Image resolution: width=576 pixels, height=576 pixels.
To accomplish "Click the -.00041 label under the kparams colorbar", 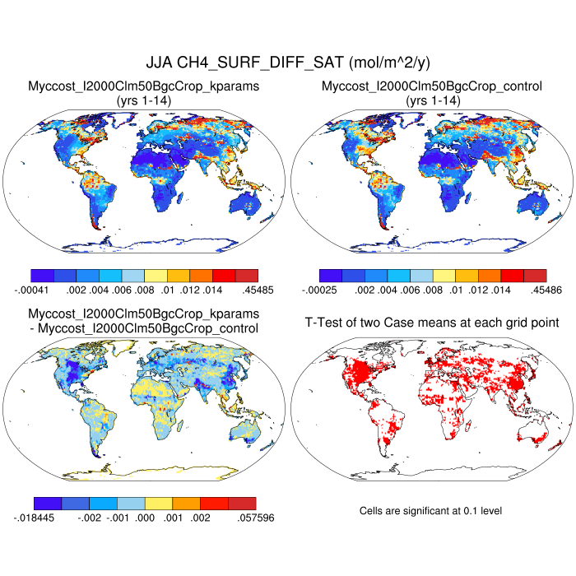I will pos(32,290).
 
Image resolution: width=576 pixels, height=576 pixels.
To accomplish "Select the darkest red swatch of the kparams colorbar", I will pos(246,276).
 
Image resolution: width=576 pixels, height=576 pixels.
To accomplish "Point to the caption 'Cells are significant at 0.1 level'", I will pos(430,511).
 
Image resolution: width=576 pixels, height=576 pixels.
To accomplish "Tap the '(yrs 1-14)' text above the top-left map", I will pos(144,100).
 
